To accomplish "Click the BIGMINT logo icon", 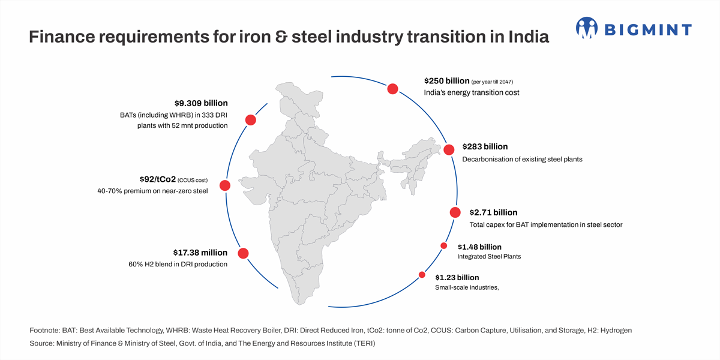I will pyautogui.click(x=587, y=28).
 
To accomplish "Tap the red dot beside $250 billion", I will pyautogui.click(x=392, y=89).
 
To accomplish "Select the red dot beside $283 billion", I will pyautogui.click(x=449, y=150).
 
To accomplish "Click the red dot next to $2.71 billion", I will pyautogui.click(x=455, y=212).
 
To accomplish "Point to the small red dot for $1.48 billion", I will pyautogui.click(x=444, y=245).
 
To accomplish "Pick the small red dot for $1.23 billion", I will pyautogui.click(x=422, y=275).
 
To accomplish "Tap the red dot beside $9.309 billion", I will pyautogui.click(x=251, y=120).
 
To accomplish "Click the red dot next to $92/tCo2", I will pyautogui.click(x=225, y=185).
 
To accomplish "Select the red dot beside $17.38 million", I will pyautogui.click(x=243, y=253).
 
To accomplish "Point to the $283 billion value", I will pyautogui.click(x=485, y=147).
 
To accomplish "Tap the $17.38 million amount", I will pyautogui.click(x=200, y=252).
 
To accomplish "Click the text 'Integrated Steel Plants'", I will pyautogui.click(x=489, y=257).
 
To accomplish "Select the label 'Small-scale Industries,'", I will pyautogui.click(x=467, y=287).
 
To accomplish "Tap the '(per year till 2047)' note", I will pyautogui.click(x=488, y=82).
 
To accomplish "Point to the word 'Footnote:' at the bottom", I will pyautogui.click(x=46, y=331).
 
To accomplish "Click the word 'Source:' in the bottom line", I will pyautogui.click(x=41, y=343).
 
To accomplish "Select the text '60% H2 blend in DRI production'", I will pyautogui.click(x=178, y=264).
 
